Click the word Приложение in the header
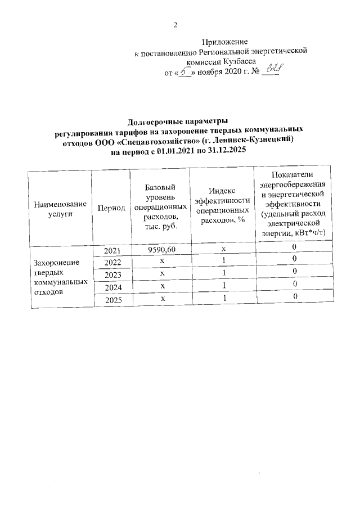(225, 42)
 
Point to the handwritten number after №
(274, 70)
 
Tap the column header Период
(111, 208)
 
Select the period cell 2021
(112, 250)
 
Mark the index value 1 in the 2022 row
(223, 260)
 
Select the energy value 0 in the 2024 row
(293, 285)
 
